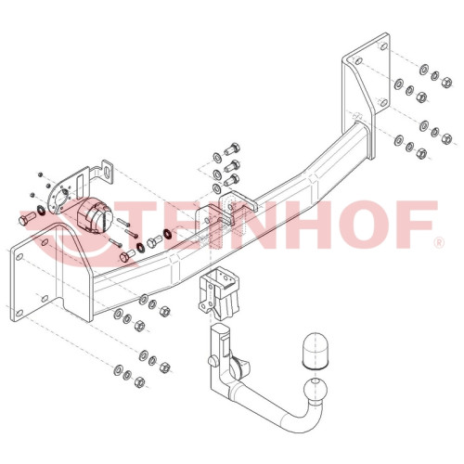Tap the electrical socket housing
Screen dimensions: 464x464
point(96,215)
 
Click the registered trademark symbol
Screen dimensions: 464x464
point(440,242)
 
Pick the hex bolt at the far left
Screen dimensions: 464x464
point(26,218)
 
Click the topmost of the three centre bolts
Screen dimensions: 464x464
point(232,148)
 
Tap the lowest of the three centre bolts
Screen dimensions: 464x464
point(232,180)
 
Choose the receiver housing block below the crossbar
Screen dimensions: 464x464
point(219,292)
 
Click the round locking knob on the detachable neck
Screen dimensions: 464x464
point(213,361)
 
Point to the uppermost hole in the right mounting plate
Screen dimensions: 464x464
point(383,46)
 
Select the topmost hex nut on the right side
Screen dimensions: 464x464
point(446,83)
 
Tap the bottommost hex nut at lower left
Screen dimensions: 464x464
point(140,382)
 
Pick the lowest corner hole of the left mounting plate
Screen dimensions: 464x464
point(19,313)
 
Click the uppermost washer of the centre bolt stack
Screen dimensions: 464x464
point(217,158)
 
